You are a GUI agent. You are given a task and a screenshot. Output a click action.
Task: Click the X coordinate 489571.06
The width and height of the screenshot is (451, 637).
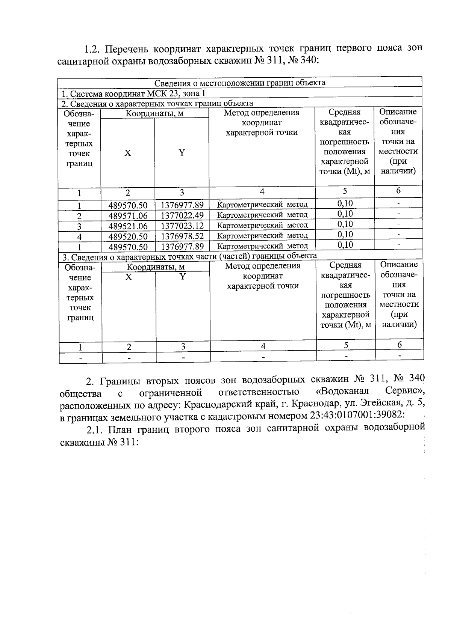(128, 216)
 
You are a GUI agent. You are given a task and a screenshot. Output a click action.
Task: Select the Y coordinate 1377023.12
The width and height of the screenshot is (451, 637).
(182, 226)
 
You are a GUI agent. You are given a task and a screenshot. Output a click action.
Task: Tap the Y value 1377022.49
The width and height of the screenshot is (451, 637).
(182, 215)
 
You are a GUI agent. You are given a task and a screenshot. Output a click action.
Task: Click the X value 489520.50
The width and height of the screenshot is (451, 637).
(128, 236)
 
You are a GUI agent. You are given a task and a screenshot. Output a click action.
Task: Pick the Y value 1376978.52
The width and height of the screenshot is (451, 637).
(182, 236)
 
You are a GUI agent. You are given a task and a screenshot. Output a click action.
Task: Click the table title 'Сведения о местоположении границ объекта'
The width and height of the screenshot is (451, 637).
(240, 83)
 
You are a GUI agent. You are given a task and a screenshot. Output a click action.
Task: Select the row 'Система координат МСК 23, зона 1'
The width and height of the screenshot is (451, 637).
(133, 93)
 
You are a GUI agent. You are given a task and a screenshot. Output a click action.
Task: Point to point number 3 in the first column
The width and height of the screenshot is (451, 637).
(79, 226)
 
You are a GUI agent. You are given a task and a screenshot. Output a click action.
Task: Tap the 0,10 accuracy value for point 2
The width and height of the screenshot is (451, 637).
(345, 214)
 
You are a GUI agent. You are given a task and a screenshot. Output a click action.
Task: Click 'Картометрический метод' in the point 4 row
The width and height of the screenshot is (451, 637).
(262, 236)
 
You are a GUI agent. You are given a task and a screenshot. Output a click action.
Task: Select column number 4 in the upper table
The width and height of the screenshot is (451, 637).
(262, 192)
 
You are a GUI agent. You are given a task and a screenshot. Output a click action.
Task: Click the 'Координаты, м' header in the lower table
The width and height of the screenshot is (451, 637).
(155, 267)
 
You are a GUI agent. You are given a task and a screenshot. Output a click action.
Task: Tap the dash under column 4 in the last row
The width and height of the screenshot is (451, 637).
(263, 357)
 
